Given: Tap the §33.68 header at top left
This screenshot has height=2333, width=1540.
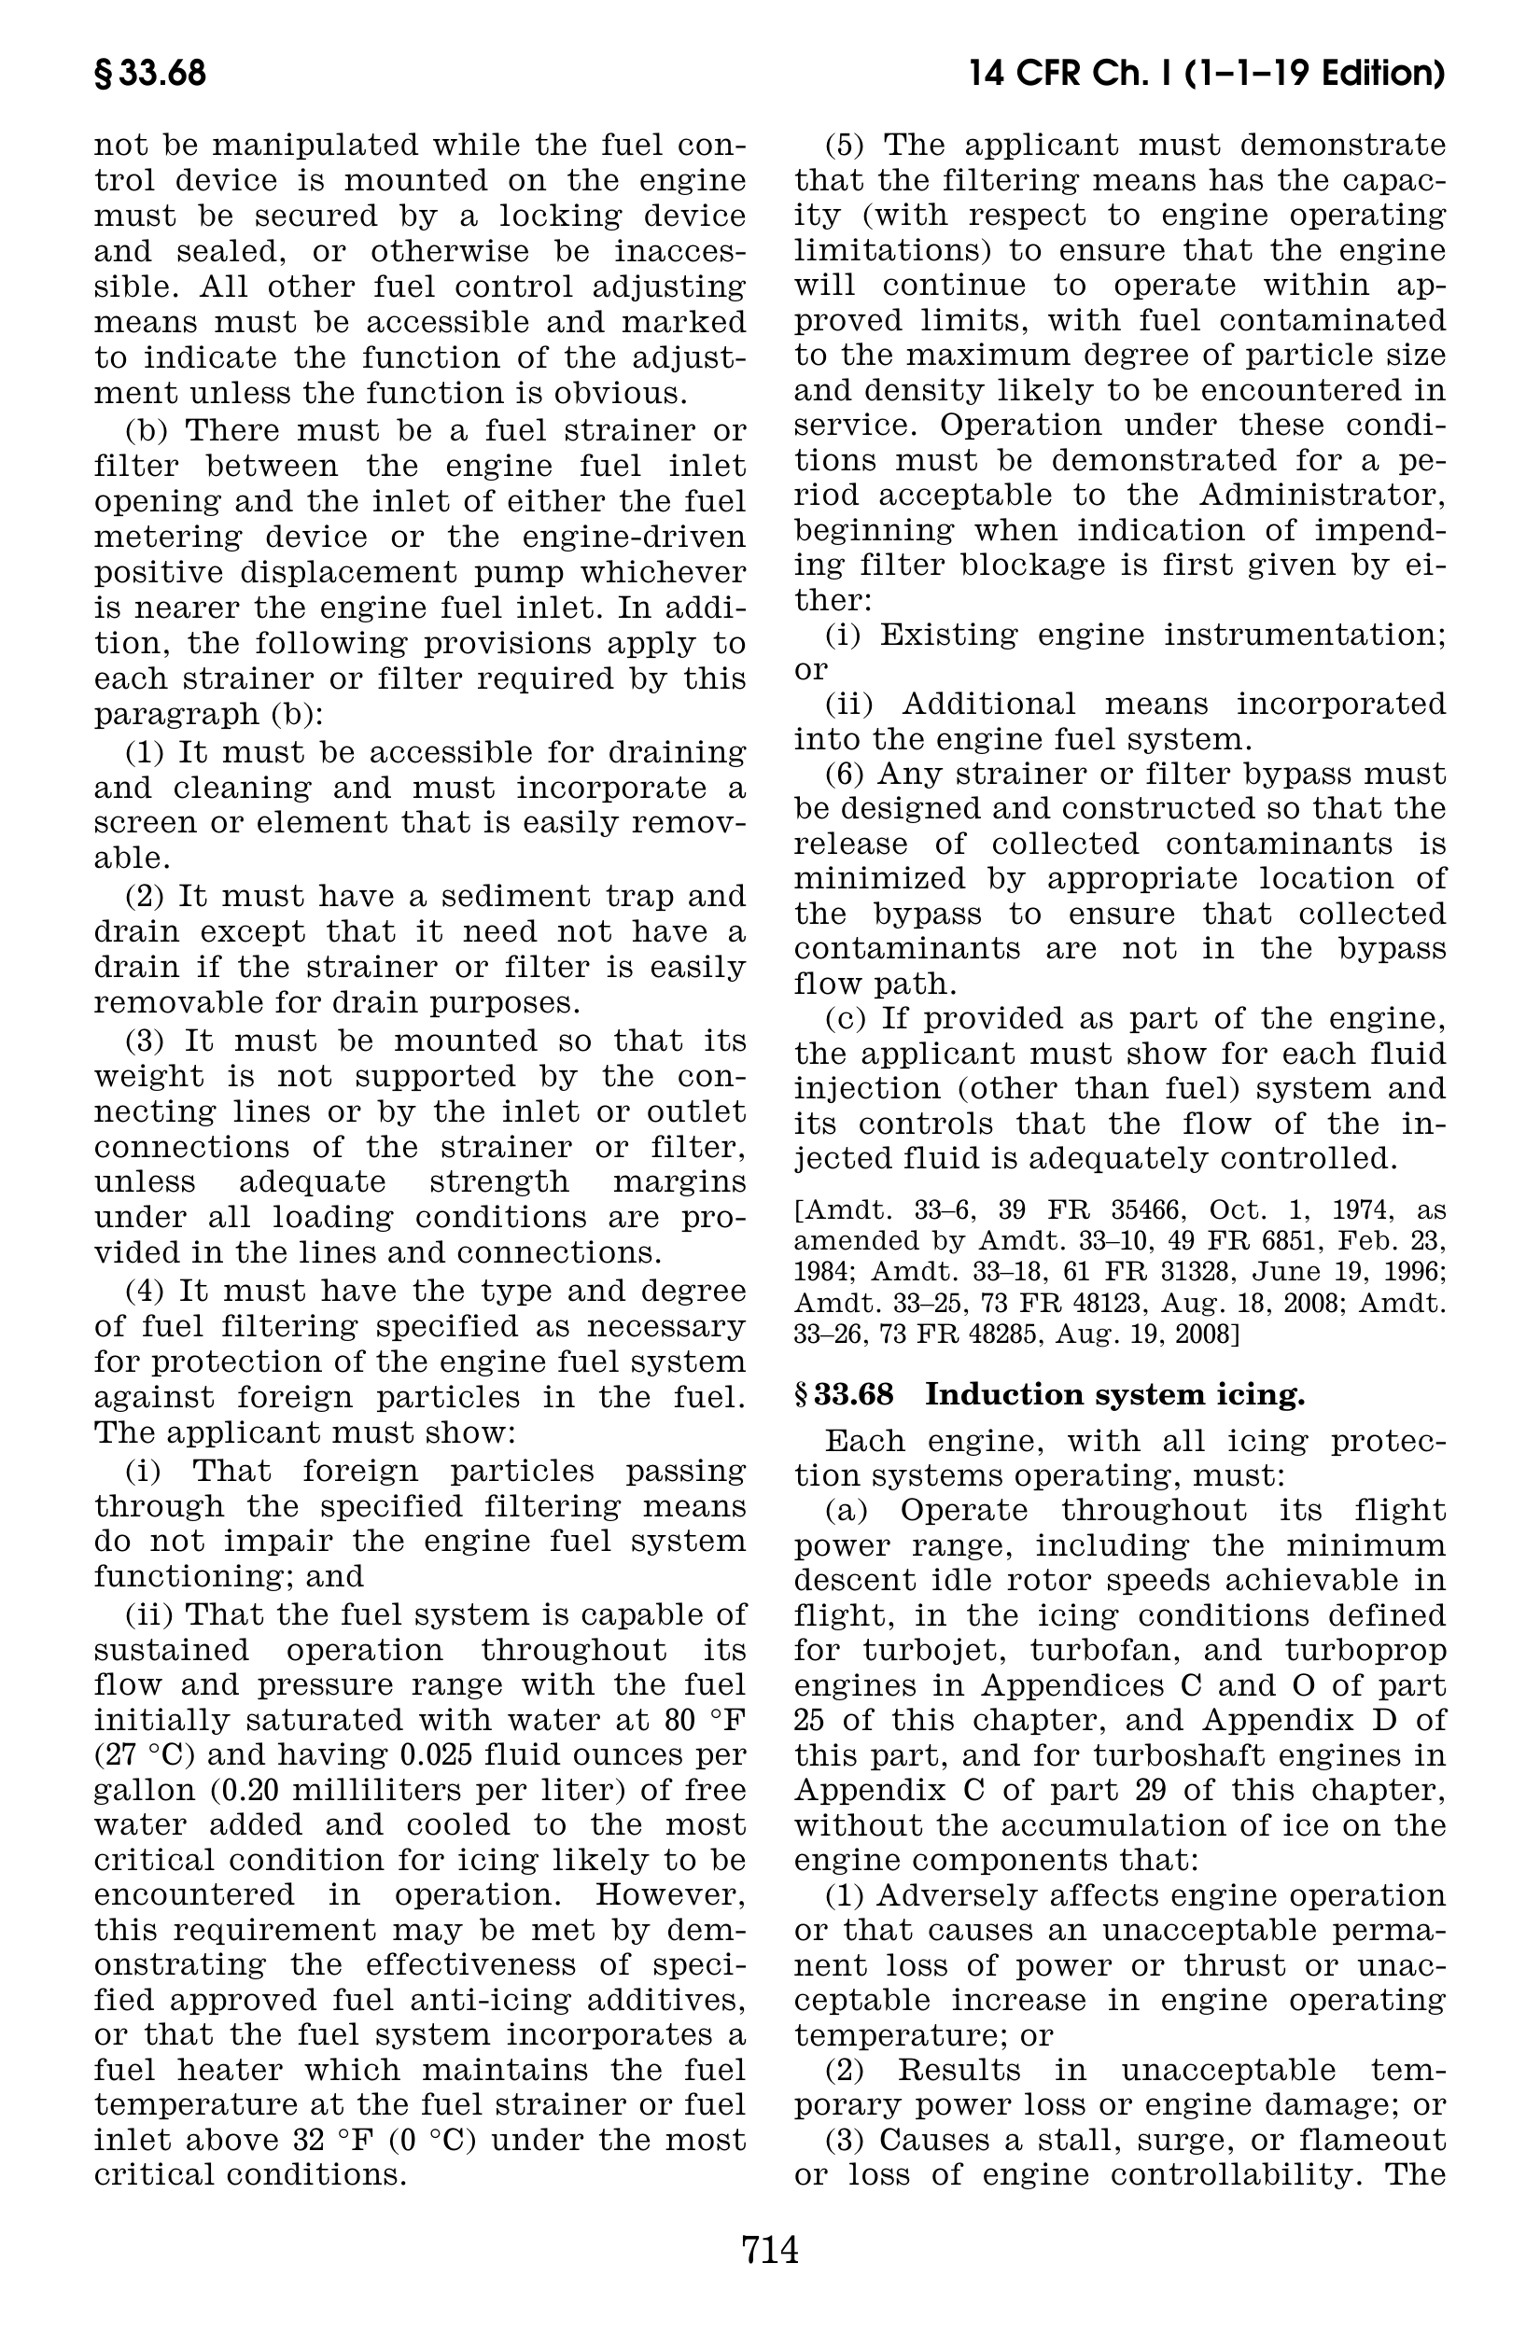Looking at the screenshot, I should (x=150, y=74).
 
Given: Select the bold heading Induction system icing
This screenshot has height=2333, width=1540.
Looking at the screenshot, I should (x=1114, y=1394).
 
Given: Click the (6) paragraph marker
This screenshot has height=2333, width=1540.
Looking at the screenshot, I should (x=845, y=774).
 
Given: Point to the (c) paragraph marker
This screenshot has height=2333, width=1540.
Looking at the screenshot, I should (x=845, y=1018).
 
